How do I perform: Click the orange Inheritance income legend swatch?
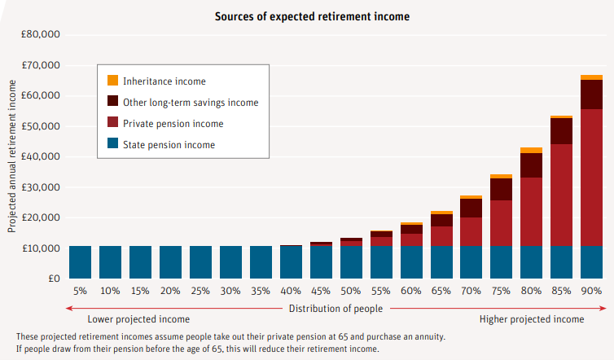tap(113, 81)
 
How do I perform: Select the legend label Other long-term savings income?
tap(191, 103)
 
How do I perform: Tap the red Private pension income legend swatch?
tap(113, 124)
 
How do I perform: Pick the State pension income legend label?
tap(169, 145)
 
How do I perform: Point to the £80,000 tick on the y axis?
tap(41, 35)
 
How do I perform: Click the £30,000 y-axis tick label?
tap(41, 187)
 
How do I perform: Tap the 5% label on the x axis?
tap(80, 291)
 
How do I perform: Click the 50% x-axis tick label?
tap(351, 291)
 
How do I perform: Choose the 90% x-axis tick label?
tap(592, 291)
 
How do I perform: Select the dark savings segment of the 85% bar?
tap(562, 131)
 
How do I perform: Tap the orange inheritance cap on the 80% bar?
tap(532, 150)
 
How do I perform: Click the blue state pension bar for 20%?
tap(170, 261)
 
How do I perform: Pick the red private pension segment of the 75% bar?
tap(502, 222)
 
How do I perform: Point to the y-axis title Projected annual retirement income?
tap(12, 162)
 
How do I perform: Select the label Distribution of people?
tap(336, 309)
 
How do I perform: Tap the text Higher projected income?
tap(531, 319)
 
